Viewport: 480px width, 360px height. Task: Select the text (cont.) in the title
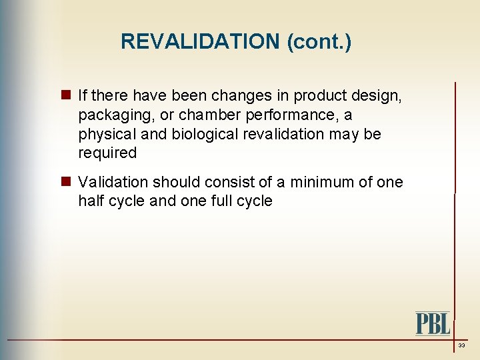319,42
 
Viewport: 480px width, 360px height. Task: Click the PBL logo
433,323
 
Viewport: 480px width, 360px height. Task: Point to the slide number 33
461,346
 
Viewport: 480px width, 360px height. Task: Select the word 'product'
323,96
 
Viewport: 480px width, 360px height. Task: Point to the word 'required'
107,153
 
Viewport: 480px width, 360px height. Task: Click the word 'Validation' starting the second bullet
111,182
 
